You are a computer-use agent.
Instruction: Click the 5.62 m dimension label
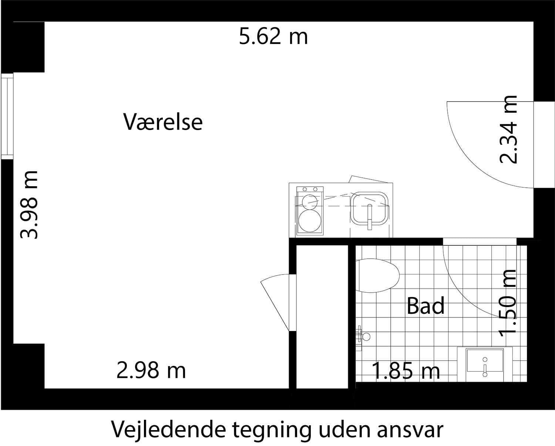tap(273, 37)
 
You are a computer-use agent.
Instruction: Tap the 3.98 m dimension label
tap(29, 205)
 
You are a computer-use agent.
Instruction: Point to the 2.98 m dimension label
tap(151, 370)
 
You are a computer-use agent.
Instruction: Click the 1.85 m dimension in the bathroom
tap(406, 371)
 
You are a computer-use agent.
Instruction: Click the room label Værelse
tap(163, 122)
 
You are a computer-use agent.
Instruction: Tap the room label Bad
tap(426, 306)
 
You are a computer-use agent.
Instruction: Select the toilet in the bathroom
tap(377, 275)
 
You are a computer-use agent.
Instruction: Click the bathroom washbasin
tap(485, 364)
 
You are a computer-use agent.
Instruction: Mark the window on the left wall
tap(7, 116)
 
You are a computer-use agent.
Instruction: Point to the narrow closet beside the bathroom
tap(322, 317)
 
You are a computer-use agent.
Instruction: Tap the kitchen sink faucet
tap(369, 217)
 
